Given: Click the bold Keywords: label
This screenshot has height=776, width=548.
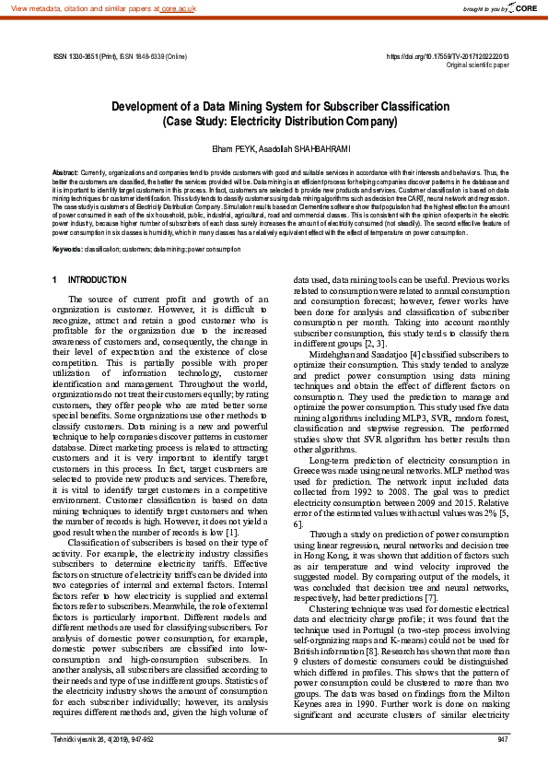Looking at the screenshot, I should pos(68,224).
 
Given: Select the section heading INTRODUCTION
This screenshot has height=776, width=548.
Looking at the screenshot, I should pos(98,279).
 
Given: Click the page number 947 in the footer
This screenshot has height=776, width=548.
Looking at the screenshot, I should pos(502,765).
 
